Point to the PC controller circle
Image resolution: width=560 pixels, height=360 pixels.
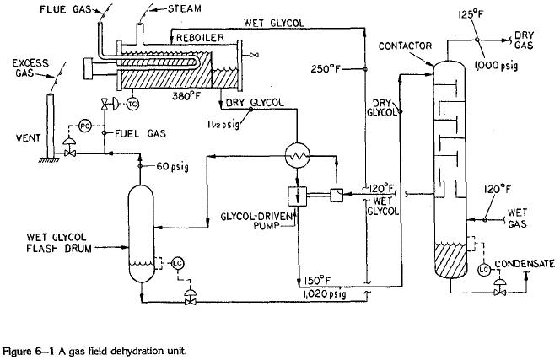(x=83, y=126)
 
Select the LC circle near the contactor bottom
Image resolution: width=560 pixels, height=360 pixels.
(x=484, y=269)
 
